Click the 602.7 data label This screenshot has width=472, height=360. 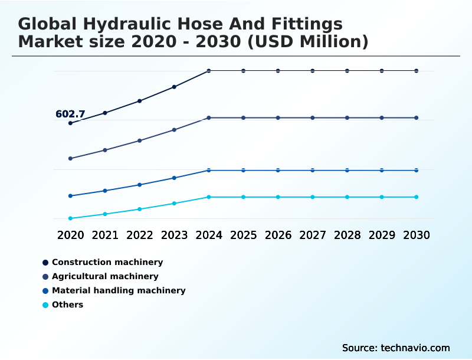(x=70, y=114)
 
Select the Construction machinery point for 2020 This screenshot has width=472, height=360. (x=70, y=123)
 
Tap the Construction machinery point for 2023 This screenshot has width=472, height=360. (x=174, y=87)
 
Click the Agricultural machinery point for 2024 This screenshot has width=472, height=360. (x=209, y=118)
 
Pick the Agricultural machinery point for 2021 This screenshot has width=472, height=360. (x=105, y=150)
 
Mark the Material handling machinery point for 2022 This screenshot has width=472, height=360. (x=140, y=185)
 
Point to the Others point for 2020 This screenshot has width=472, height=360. (x=70, y=218)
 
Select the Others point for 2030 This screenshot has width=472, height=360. (x=416, y=197)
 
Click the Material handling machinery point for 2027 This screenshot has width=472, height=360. (x=313, y=171)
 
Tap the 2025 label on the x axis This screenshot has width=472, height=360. (x=243, y=235)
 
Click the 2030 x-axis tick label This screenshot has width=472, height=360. (x=416, y=235)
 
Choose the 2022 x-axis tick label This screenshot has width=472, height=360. (x=140, y=235)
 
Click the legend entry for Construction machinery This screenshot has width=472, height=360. (x=107, y=262)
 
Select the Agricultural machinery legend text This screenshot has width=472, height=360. (x=105, y=276)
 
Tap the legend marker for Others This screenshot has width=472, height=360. (x=45, y=305)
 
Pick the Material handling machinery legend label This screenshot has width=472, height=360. (x=119, y=290)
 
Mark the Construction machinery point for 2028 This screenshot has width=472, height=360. (x=347, y=71)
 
